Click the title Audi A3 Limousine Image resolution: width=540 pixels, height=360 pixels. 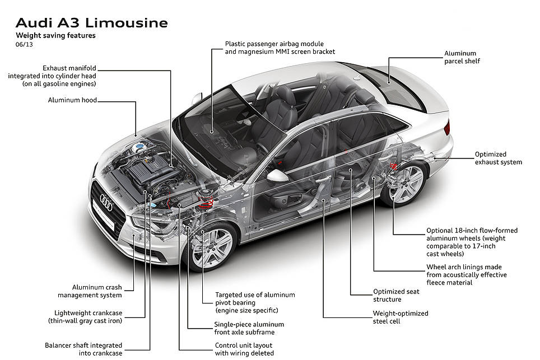point(92,23)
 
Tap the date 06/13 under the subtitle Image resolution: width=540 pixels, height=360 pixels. point(24,44)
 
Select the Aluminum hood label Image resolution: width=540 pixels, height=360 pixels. point(72,100)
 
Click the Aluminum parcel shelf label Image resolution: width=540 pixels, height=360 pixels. point(462,57)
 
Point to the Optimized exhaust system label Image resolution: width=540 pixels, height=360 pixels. point(499,158)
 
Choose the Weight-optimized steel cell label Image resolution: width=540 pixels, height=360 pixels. point(401,317)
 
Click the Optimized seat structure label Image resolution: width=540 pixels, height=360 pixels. point(396,295)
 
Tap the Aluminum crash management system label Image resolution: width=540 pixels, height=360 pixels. point(90,291)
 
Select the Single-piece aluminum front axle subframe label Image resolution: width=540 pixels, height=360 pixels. point(249,328)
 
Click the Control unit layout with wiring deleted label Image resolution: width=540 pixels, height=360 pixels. point(244,349)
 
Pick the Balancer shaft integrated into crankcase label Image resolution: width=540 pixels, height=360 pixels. point(83,349)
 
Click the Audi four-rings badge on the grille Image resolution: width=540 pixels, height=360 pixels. point(106,202)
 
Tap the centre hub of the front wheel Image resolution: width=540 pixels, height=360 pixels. point(211,246)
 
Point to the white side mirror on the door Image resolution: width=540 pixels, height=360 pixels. point(278,176)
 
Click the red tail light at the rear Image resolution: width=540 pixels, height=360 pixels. point(447,127)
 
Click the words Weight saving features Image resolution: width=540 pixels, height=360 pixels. point(56,35)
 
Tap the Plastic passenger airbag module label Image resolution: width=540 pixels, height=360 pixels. point(274,44)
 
